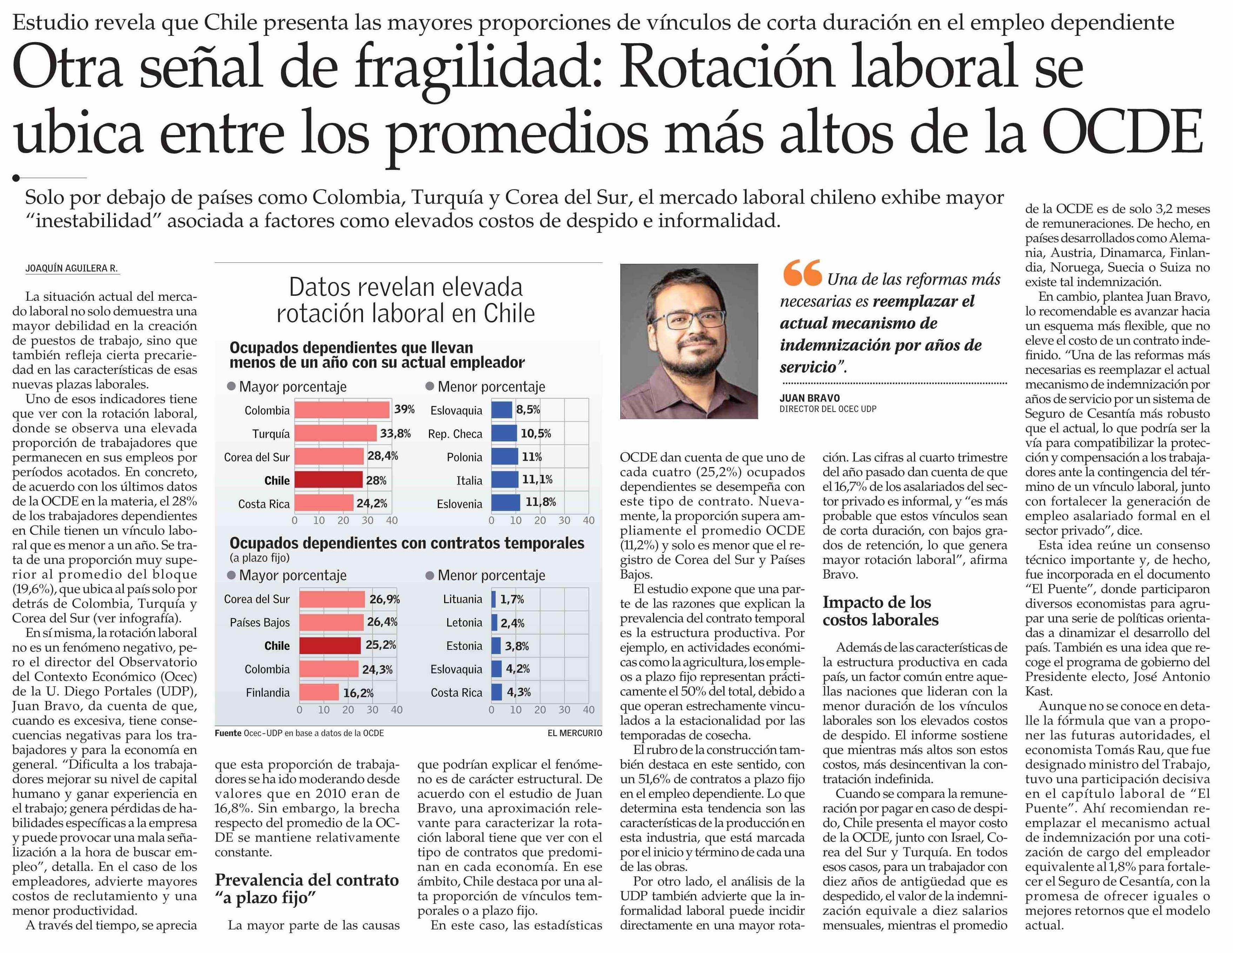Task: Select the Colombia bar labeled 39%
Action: pos(342,409)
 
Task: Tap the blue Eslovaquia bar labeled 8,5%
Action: pos(501,409)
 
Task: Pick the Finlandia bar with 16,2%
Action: pos(319,692)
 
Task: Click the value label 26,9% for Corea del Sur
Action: pos(384,599)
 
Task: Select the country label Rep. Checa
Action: pos(455,434)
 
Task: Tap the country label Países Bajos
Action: pos(260,622)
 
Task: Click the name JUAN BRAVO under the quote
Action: pos(810,398)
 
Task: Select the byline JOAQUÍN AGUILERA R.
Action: pos(72,268)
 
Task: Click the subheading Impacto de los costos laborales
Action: pos(880,611)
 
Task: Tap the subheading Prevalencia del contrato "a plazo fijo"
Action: pos(306,889)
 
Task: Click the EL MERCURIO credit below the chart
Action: pos(574,733)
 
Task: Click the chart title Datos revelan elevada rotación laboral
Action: pos(405,300)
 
